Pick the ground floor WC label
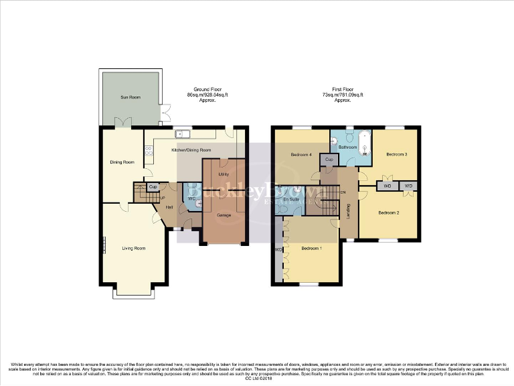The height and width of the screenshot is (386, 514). (x=191, y=198)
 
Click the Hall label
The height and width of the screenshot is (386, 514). (x=169, y=207)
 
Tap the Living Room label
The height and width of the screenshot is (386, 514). (x=134, y=249)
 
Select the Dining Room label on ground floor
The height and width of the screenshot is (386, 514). (x=122, y=162)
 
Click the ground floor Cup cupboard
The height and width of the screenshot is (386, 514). (x=153, y=186)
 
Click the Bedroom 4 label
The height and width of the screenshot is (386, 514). (x=302, y=155)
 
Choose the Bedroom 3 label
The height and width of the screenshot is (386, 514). (x=396, y=155)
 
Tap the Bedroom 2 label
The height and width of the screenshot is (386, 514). (x=389, y=213)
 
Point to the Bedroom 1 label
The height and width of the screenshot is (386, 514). (x=311, y=249)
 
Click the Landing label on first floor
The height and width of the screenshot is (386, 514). (x=349, y=211)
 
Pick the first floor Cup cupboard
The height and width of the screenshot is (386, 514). (x=329, y=159)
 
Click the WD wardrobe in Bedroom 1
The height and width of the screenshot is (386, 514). (x=278, y=251)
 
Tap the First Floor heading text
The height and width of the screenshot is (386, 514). (x=343, y=89)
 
